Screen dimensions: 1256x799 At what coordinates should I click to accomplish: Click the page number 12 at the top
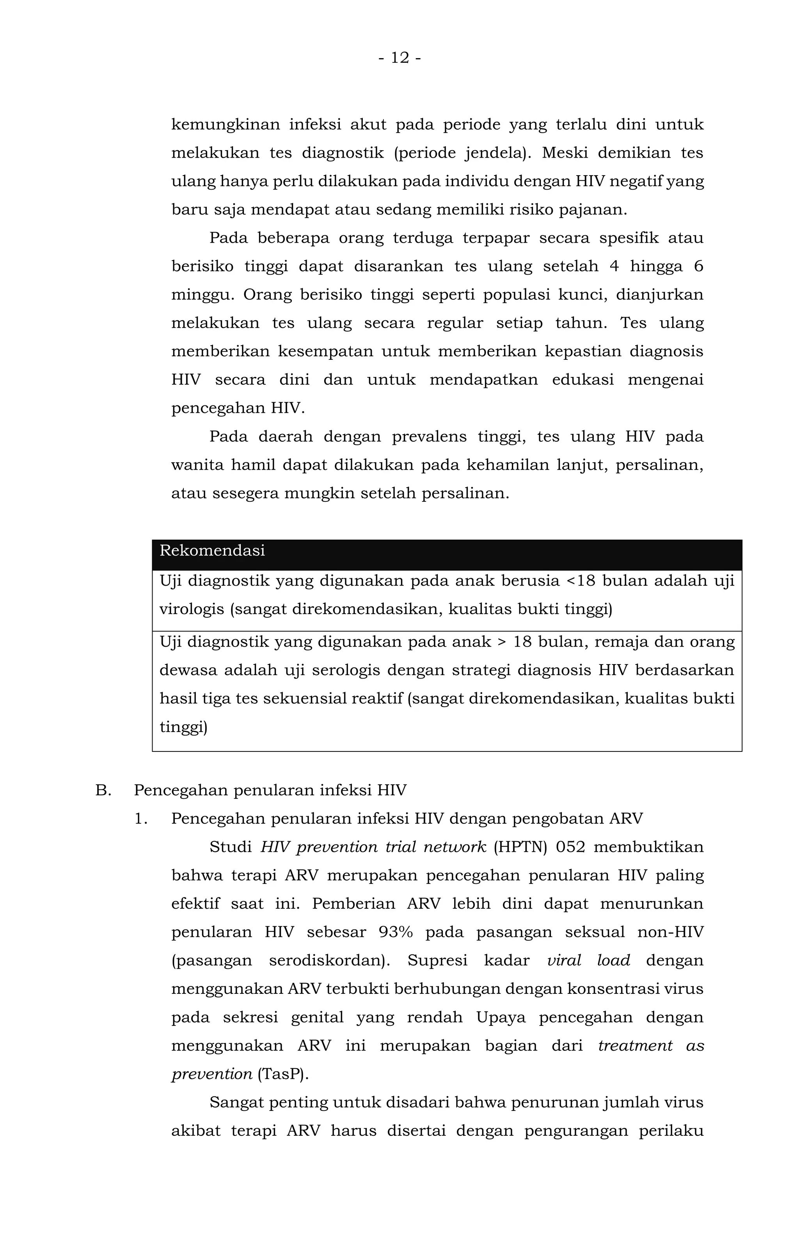coord(399,57)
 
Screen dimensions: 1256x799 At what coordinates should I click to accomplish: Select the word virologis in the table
coord(192,609)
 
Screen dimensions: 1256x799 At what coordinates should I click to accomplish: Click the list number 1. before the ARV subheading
coord(141,819)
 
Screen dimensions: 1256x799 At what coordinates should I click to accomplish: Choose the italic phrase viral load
coord(588,960)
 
